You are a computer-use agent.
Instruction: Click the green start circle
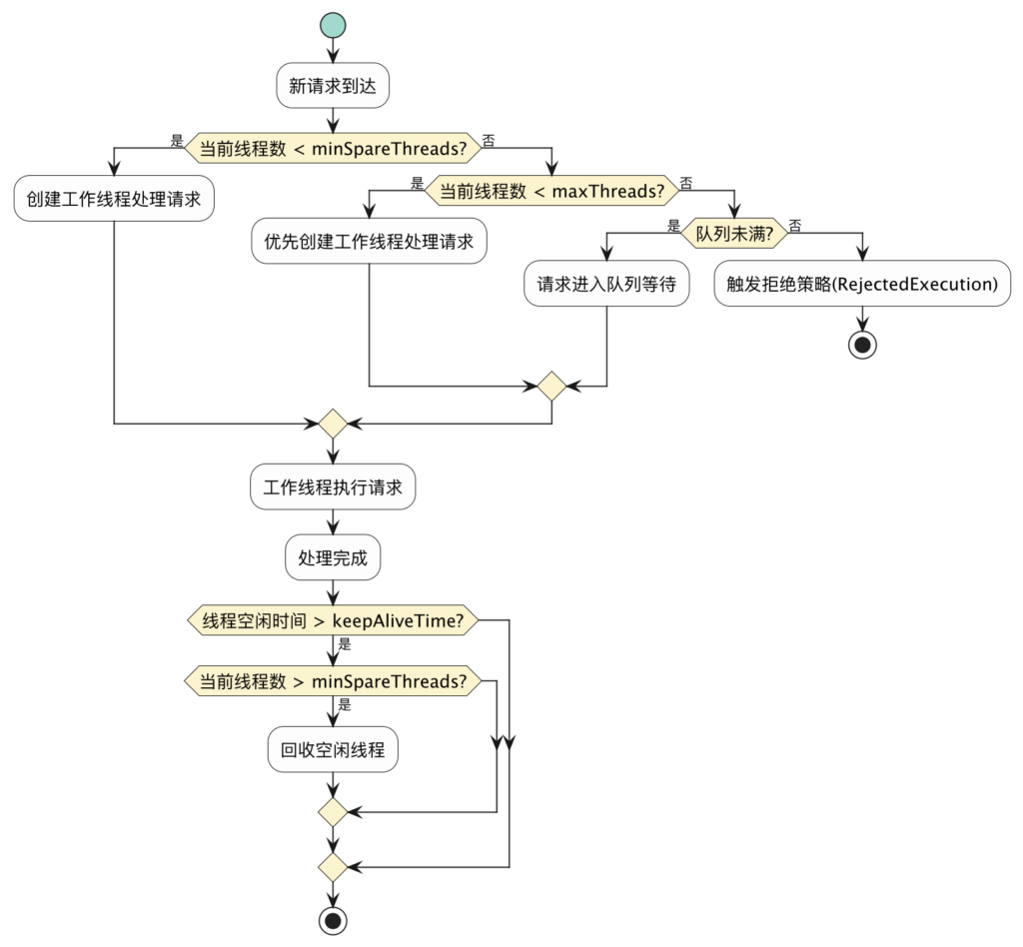(x=332, y=26)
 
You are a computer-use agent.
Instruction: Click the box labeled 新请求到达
(x=332, y=87)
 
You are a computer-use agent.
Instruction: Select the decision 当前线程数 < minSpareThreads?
(x=333, y=149)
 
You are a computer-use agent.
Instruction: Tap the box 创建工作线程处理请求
(x=115, y=199)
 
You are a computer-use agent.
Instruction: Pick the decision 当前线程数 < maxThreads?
(x=551, y=190)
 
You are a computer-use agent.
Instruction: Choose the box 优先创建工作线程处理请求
(x=369, y=241)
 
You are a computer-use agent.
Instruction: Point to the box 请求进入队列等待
(x=607, y=284)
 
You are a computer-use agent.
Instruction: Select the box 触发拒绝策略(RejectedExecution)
(x=860, y=284)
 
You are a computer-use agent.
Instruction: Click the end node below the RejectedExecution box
(x=861, y=345)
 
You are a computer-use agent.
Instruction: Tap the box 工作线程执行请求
(x=332, y=488)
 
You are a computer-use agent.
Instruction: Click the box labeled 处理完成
(x=332, y=558)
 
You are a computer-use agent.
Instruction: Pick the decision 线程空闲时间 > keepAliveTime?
(x=333, y=620)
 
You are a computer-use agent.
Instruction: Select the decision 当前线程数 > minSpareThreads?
(x=333, y=682)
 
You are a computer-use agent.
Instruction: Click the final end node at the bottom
(x=332, y=919)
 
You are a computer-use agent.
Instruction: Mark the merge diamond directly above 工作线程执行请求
(x=332, y=425)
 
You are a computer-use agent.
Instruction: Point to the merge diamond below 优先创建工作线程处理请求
(x=551, y=386)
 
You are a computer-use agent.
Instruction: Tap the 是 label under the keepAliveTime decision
(x=345, y=644)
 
